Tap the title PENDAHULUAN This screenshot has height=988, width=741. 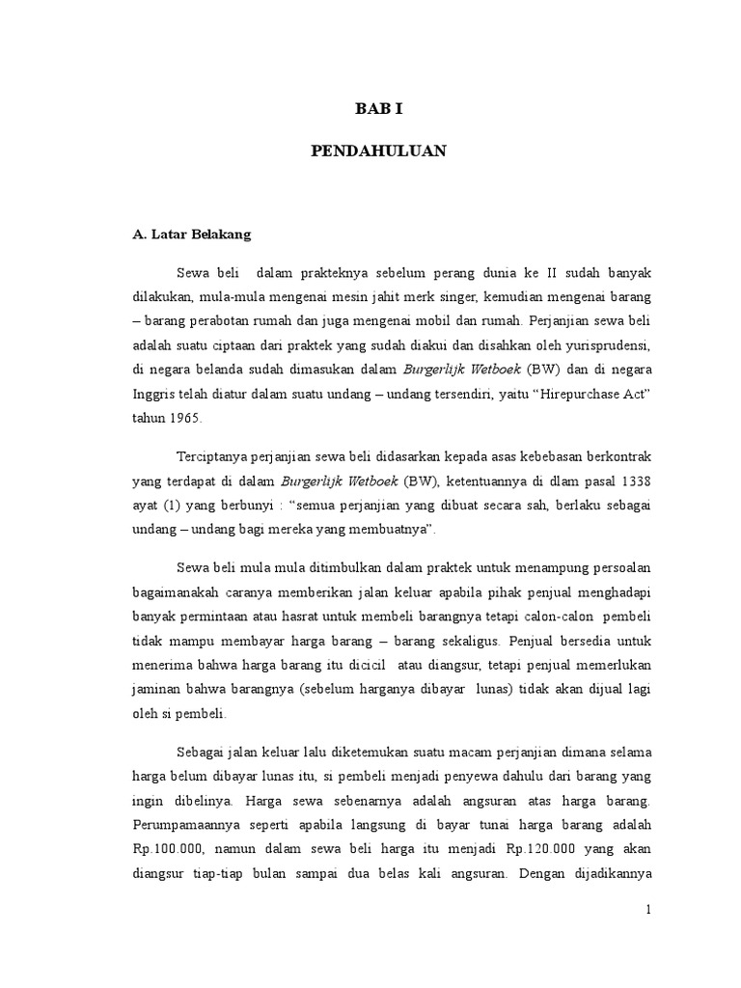point(377,152)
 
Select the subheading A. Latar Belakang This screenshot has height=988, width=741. point(192,234)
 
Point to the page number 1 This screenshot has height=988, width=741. point(649,910)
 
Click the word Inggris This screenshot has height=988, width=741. point(155,394)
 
